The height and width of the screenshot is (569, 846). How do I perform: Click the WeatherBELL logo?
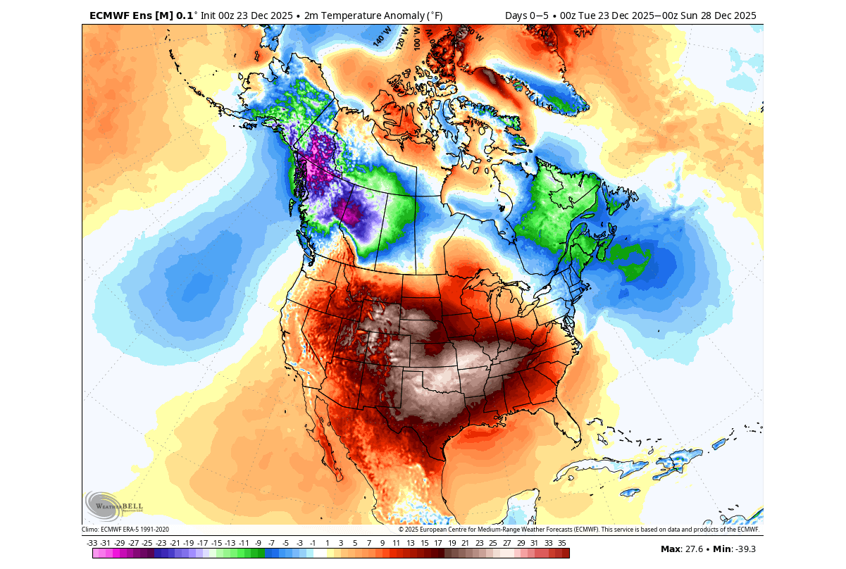click(113, 505)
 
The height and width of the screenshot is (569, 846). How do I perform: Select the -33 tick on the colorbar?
click(92, 543)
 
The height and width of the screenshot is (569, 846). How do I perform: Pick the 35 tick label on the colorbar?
click(561, 543)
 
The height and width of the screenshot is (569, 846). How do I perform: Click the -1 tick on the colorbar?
click(313, 543)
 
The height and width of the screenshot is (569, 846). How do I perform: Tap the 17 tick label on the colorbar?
click(437, 543)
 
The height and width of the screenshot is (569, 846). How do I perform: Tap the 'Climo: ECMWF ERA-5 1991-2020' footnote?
click(125, 530)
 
